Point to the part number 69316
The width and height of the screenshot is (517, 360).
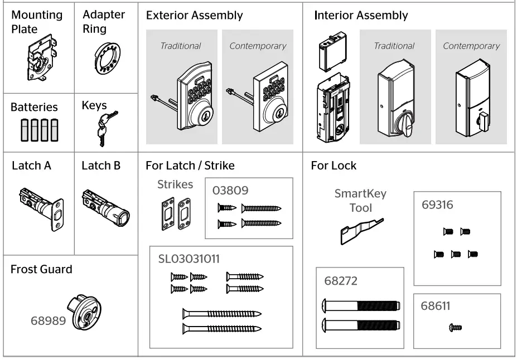coord(438,205)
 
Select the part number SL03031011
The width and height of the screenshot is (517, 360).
coord(188,259)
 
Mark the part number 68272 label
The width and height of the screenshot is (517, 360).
coord(340,281)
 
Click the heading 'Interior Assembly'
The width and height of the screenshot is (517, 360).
coord(361,16)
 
